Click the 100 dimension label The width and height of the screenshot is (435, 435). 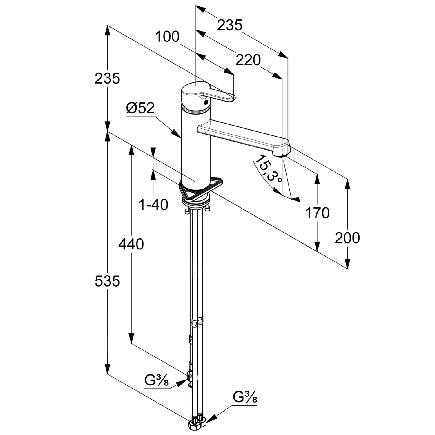(167, 37)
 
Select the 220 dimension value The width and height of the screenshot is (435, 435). (248, 60)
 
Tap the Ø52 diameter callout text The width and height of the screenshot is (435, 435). (140, 108)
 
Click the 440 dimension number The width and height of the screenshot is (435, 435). (131, 244)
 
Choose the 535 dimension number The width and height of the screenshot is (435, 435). (107, 281)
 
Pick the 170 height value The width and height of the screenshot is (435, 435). (317, 213)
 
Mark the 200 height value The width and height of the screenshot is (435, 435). (347, 238)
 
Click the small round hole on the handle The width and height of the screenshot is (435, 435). (206, 102)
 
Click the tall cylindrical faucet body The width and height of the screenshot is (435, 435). (195, 145)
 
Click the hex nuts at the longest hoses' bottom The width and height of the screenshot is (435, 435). (197, 425)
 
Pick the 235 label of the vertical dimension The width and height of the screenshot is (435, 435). (107, 78)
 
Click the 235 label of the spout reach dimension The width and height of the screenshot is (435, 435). (229, 25)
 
